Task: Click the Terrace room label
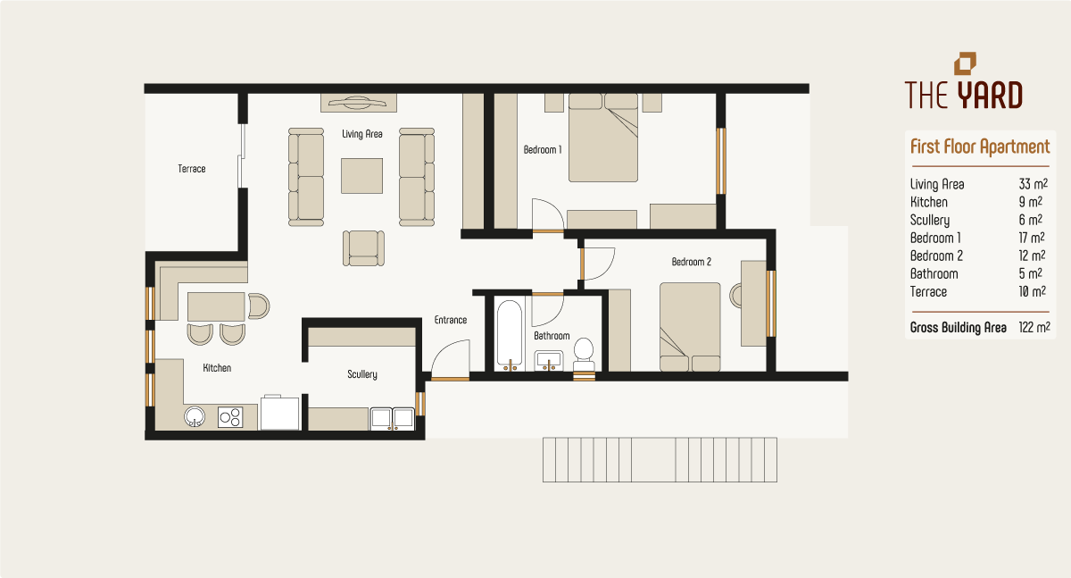[x=192, y=168]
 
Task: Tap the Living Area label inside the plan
[x=362, y=134]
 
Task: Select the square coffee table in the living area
[x=361, y=175]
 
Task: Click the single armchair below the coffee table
[x=364, y=247]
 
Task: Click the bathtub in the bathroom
[x=510, y=335]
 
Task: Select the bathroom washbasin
[x=549, y=360]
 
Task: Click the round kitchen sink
[x=195, y=416]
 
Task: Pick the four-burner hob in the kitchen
[x=231, y=416]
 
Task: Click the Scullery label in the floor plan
[x=362, y=374]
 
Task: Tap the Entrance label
[x=451, y=320]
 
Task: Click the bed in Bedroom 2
[x=689, y=326]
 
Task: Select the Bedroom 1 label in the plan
[x=543, y=150]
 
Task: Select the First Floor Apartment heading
[x=980, y=147]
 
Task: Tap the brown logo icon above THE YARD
[x=965, y=63]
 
